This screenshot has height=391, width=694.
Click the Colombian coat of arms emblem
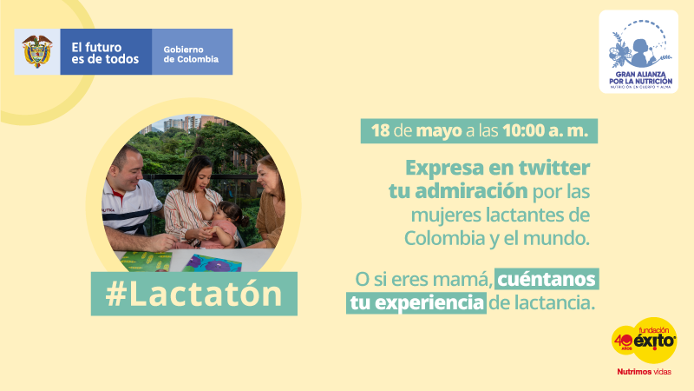[x=37, y=51]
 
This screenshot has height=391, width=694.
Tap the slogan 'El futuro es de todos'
[x=105, y=53]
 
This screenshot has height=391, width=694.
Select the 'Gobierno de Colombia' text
[x=191, y=55]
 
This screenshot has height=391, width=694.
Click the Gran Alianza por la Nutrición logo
[x=638, y=52]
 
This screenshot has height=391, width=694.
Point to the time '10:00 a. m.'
[x=546, y=131]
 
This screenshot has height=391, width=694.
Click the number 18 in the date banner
[x=380, y=131]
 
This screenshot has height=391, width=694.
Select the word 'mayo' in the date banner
[x=439, y=132]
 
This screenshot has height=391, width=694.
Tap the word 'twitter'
[x=554, y=168]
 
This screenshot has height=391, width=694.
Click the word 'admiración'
[x=471, y=191]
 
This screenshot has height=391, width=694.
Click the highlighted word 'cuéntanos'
[x=547, y=279]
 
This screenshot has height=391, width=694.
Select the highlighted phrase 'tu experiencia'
[x=416, y=302]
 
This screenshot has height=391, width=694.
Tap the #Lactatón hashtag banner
[x=193, y=294]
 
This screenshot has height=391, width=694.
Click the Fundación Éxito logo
[x=644, y=340]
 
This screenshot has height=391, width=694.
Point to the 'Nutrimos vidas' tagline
[x=644, y=372]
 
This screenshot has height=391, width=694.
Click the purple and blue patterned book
[x=213, y=263]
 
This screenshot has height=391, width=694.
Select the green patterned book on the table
[x=145, y=262]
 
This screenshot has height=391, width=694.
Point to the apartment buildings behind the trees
[x=190, y=123]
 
